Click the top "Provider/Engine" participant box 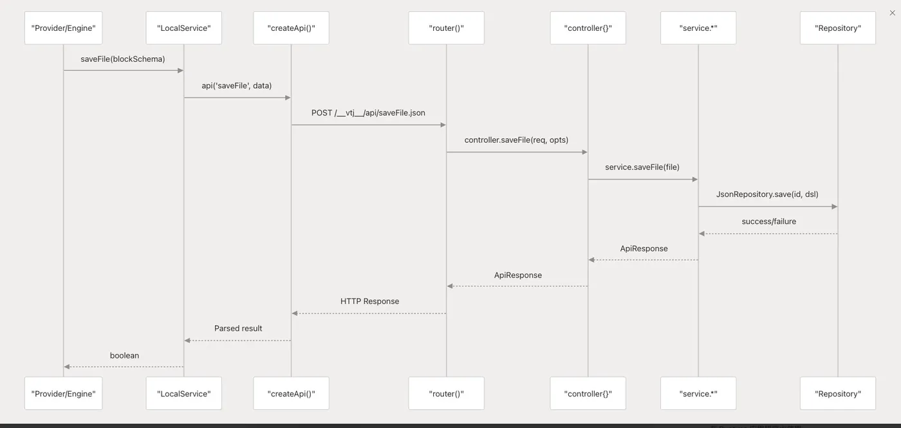pyautogui.click(x=63, y=28)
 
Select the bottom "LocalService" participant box pyautogui.click(x=184, y=393)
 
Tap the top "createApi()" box pyautogui.click(x=291, y=28)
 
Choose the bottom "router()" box pyautogui.click(x=447, y=393)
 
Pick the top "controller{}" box pyautogui.click(x=588, y=28)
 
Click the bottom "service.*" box pyautogui.click(x=698, y=393)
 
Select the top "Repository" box pyautogui.click(x=838, y=28)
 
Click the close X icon pyautogui.click(x=892, y=13)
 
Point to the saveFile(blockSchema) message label pyautogui.click(x=123, y=59)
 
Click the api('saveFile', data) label pyautogui.click(x=237, y=86)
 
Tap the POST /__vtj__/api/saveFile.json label pyautogui.click(x=368, y=113)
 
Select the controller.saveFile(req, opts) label pyautogui.click(x=516, y=140)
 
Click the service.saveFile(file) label pyautogui.click(x=642, y=167)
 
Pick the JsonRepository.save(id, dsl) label pyautogui.click(x=767, y=194)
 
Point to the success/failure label pyautogui.click(x=768, y=221)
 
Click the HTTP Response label pyautogui.click(x=369, y=301)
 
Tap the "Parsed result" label pyautogui.click(x=238, y=328)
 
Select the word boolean pyautogui.click(x=124, y=355)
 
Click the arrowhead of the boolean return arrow pyautogui.click(x=67, y=367)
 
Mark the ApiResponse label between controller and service pyautogui.click(x=644, y=248)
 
